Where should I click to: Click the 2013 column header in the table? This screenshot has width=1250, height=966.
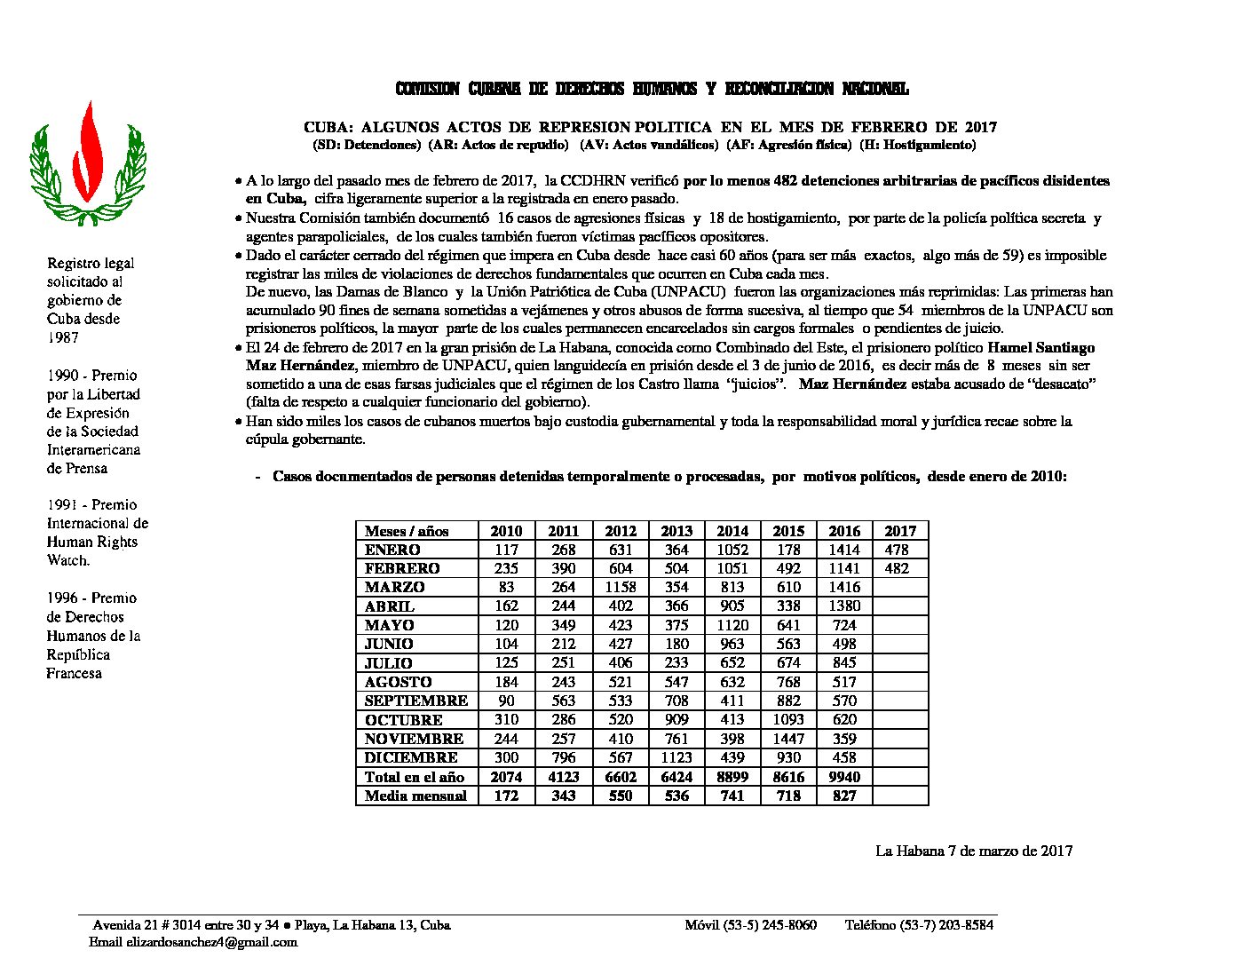point(676,531)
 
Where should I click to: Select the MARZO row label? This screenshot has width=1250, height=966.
point(394,587)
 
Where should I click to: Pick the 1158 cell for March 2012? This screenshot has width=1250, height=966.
point(621,587)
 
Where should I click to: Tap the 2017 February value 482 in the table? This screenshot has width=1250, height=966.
point(898,568)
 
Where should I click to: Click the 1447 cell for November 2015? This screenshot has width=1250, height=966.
point(788,739)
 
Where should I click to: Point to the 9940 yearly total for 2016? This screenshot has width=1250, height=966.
point(844,777)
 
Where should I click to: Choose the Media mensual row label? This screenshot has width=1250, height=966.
point(415,796)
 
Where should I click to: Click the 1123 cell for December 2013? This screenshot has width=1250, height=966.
point(676,757)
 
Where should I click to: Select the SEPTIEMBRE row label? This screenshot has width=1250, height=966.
point(416,701)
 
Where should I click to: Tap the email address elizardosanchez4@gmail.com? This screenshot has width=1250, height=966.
point(211,942)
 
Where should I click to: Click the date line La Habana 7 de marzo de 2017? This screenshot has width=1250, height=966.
point(974,851)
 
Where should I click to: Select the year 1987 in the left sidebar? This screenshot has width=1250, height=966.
point(63,337)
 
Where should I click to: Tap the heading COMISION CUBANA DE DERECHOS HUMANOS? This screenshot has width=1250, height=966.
point(652,89)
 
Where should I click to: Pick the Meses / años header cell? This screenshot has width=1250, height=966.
point(407,531)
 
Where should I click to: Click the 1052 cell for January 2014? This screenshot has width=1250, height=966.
point(732,550)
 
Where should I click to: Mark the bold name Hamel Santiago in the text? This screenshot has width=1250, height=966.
point(1041,347)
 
